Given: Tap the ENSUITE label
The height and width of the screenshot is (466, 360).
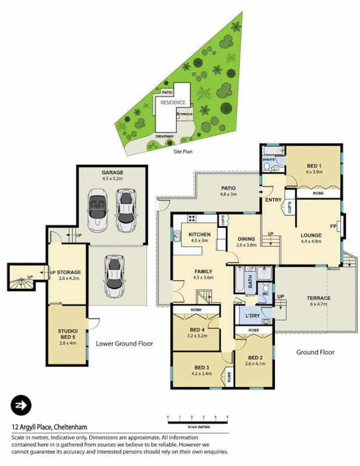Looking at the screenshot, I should (268, 158).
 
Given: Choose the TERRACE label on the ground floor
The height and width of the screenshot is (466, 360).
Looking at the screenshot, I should (319, 298).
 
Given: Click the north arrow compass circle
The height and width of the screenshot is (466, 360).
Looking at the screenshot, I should (21, 405).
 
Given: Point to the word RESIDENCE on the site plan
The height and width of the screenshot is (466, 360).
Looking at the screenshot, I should (173, 102).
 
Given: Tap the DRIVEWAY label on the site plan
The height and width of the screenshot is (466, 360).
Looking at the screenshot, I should (164, 136).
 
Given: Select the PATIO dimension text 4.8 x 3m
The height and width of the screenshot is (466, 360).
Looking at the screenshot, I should (228, 195).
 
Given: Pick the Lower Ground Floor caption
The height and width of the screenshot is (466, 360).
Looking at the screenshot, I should (124, 344).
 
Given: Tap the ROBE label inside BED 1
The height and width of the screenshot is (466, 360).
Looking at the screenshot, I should (318, 192).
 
